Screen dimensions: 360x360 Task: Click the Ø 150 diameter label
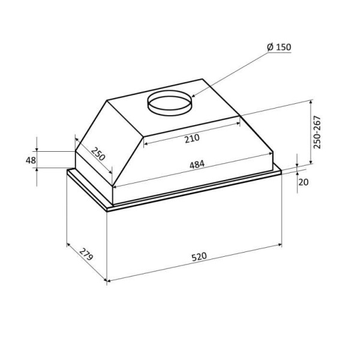(279, 47)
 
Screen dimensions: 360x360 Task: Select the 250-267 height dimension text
(317, 132)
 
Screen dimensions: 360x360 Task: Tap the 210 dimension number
(193, 139)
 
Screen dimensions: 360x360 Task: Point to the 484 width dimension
(197, 164)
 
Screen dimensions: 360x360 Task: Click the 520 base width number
(199, 256)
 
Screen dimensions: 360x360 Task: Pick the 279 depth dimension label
(86, 254)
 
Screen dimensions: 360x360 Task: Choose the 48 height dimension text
(31, 160)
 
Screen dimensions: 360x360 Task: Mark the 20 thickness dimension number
(304, 182)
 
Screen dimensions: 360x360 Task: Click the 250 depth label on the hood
(98, 154)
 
